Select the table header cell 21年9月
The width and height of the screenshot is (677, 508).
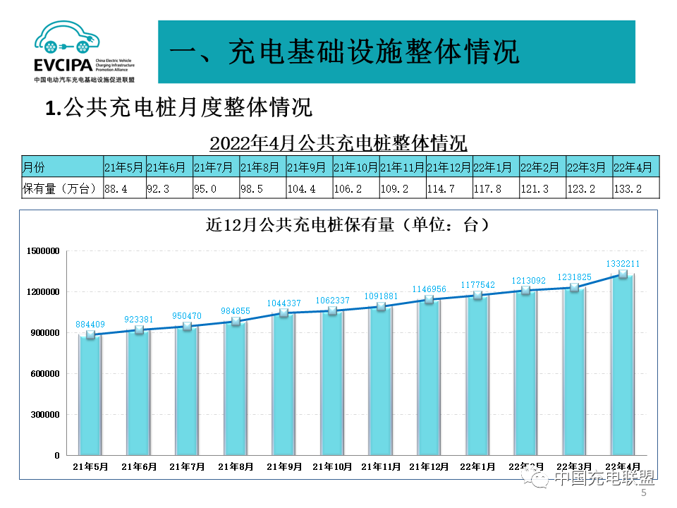pos(307,167)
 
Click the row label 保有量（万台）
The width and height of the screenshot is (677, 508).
pos(61,188)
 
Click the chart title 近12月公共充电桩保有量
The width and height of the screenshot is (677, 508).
pos(347,226)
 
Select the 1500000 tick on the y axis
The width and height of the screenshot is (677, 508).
pos(42,251)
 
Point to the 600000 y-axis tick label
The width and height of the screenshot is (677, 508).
pos(44,374)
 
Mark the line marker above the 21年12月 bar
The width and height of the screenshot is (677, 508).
pos(429,300)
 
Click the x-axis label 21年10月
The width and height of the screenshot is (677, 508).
pos(332,467)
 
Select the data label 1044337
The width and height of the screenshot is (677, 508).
pos(284,303)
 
